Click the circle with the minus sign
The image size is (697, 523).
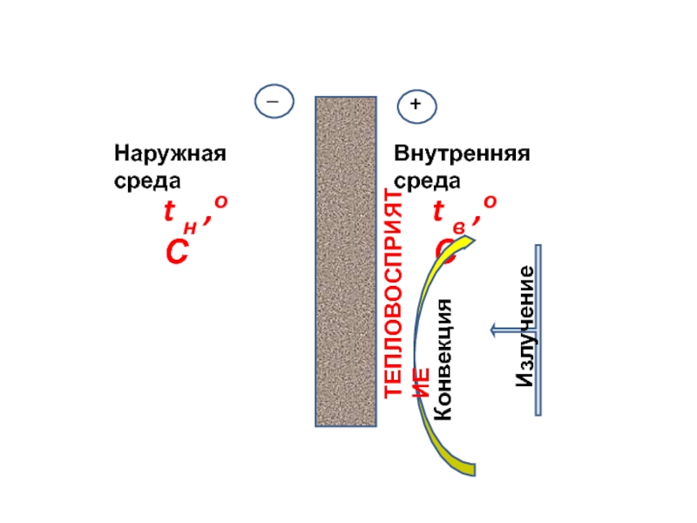[x=274, y=101]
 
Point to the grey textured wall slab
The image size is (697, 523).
[x=345, y=261]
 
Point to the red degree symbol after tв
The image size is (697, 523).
[x=491, y=202]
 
